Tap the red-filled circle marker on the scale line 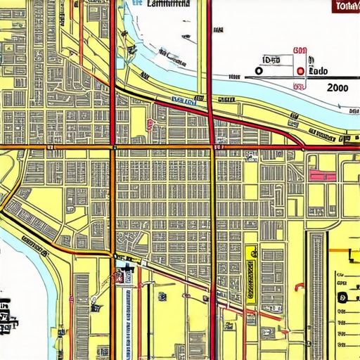pyautogui.click(x=300, y=71)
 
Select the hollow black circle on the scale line pyautogui.click(x=259, y=71)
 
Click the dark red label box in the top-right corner pyautogui.click(x=345, y=7)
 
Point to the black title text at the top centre pyautogui.click(x=169, y=4)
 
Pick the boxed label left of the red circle pyautogui.click(x=271, y=60)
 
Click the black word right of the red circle pyautogui.click(x=319, y=71)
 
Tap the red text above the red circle pyautogui.click(x=300, y=51)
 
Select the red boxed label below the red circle pyautogui.click(x=299, y=86)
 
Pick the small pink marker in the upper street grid pyautogui.click(x=150, y=124)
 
